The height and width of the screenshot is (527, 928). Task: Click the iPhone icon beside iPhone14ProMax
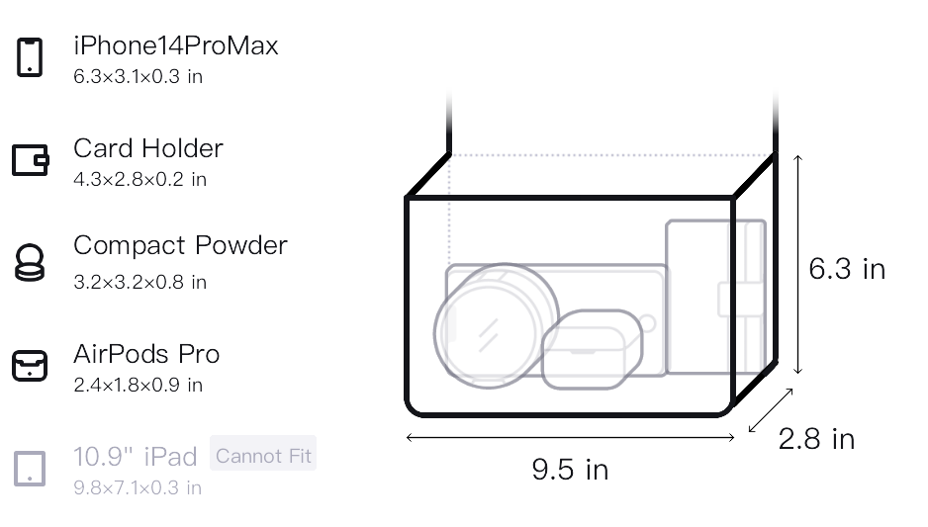point(30,57)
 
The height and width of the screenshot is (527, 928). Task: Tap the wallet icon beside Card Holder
point(31,160)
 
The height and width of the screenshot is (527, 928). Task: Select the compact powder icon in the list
point(30,262)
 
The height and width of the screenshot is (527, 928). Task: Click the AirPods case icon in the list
point(30,366)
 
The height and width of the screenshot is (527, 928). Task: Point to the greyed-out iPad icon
point(30,469)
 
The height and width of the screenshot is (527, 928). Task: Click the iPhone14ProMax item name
point(176,45)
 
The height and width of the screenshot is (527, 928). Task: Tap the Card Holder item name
point(148,148)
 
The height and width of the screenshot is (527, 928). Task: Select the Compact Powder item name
point(180,245)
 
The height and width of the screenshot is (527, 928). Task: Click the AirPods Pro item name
point(146,354)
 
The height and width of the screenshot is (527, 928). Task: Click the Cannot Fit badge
point(263,456)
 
